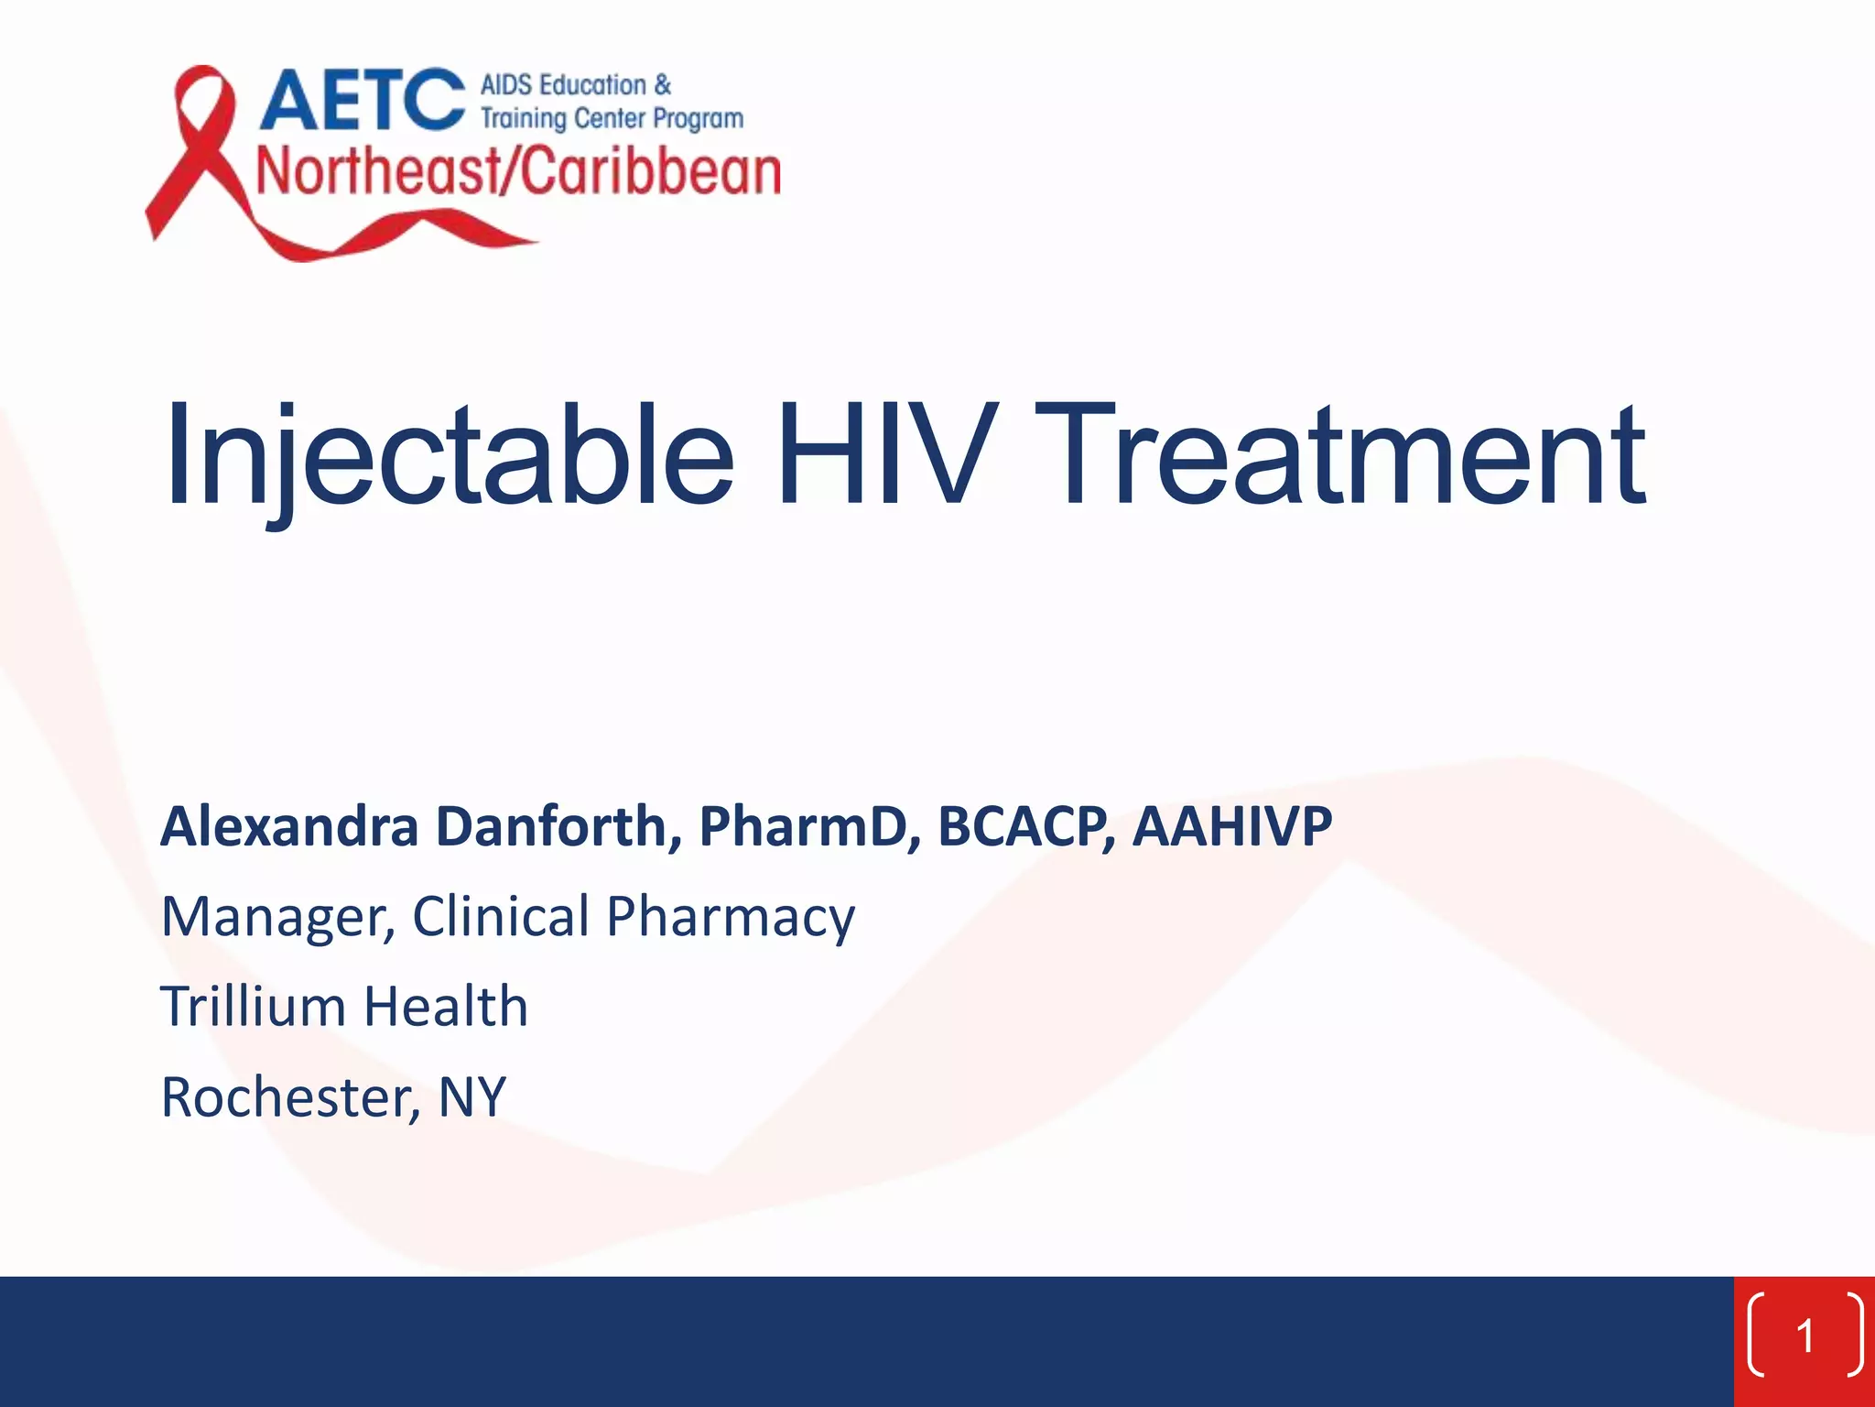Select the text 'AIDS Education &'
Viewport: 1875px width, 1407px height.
[x=575, y=85]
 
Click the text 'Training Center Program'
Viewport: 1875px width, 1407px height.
[x=612, y=119]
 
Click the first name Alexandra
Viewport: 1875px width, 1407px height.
[x=289, y=826]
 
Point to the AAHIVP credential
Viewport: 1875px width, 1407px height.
[x=1232, y=826]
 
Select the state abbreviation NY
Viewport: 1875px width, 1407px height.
[x=471, y=1097]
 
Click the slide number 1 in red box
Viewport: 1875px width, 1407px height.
[x=1805, y=1336]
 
